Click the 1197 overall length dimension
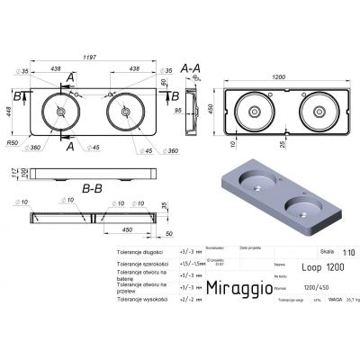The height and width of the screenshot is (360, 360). tap(92, 57)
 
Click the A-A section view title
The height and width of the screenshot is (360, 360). tap(191, 67)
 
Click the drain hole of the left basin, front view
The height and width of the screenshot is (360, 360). tap(61, 112)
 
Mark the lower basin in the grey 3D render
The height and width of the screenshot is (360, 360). tap(299, 212)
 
